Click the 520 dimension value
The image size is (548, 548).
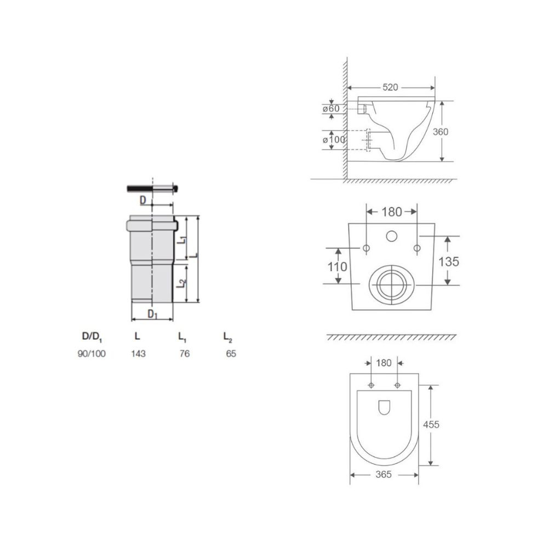(x=390, y=87)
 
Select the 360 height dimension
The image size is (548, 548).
(x=441, y=132)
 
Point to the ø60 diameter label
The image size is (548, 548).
(x=330, y=109)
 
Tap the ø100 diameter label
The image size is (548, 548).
(x=334, y=139)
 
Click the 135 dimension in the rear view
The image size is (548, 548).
(x=449, y=261)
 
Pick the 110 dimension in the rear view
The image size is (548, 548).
(x=337, y=267)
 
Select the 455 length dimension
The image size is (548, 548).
(x=431, y=425)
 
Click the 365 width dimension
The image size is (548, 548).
(x=384, y=475)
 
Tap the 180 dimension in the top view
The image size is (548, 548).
(x=384, y=363)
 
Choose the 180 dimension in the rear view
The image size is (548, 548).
(x=391, y=212)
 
